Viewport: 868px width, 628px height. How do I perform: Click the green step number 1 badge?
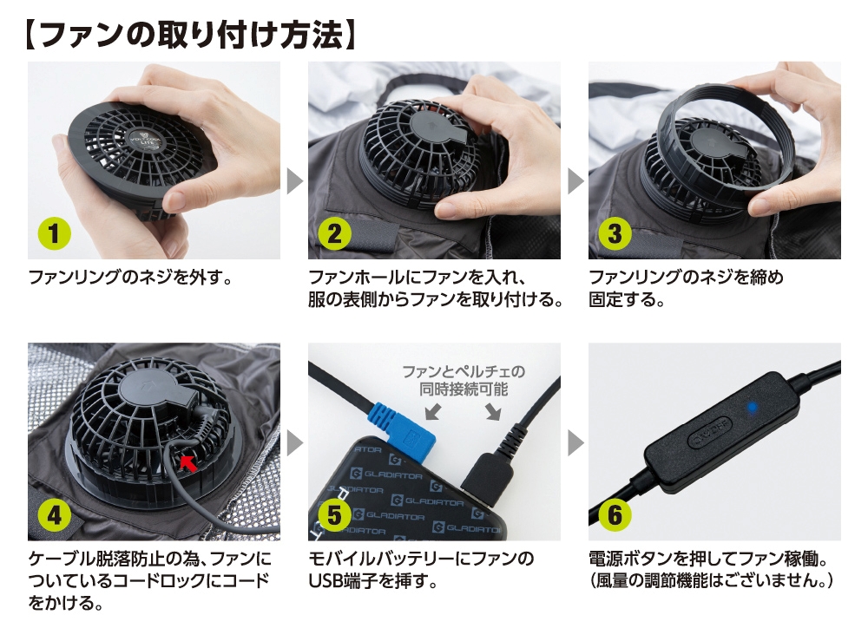pyautogui.click(x=54, y=233)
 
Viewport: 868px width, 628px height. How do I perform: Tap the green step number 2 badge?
pyautogui.click(x=334, y=233)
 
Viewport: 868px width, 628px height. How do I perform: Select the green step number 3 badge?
pyautogui.click(x=615, y=233)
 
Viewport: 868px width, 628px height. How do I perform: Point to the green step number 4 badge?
pyautogui.click(x=54, y=515)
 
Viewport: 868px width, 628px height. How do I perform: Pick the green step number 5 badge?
pyautogui.click(x=334, y=515)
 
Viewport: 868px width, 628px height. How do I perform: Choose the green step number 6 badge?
pyautogui.click(x=615, y=515)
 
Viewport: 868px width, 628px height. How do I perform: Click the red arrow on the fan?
pyautogui.click(x=187, y=462)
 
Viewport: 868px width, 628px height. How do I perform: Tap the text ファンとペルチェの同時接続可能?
pyautogui.click(x=463, y=380)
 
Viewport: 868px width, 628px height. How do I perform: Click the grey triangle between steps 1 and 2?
pyautogui.click(x=294, y=181)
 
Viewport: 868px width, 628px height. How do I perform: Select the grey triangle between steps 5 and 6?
pyautogui.click(x=575, y=442)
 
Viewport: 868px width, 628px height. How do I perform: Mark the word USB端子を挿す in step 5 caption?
pyautogui.click(x=372, y=581)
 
